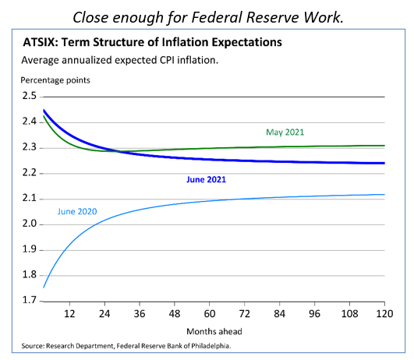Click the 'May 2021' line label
tap(284, 132)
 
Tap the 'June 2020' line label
tap(80, 210)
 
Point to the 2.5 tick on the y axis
tap(31, 96)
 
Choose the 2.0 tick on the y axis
tap(31, 224)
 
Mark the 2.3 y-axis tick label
tap(31, 147)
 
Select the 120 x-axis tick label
tap(382, 314)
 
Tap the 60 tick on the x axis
tap(210, 314)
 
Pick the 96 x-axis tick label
tap(316, 314)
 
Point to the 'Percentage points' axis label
tap(57, 80)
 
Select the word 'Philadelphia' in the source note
tap(210, 344)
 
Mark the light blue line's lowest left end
tap(44, 288)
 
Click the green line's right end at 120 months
tap(382, 146)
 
